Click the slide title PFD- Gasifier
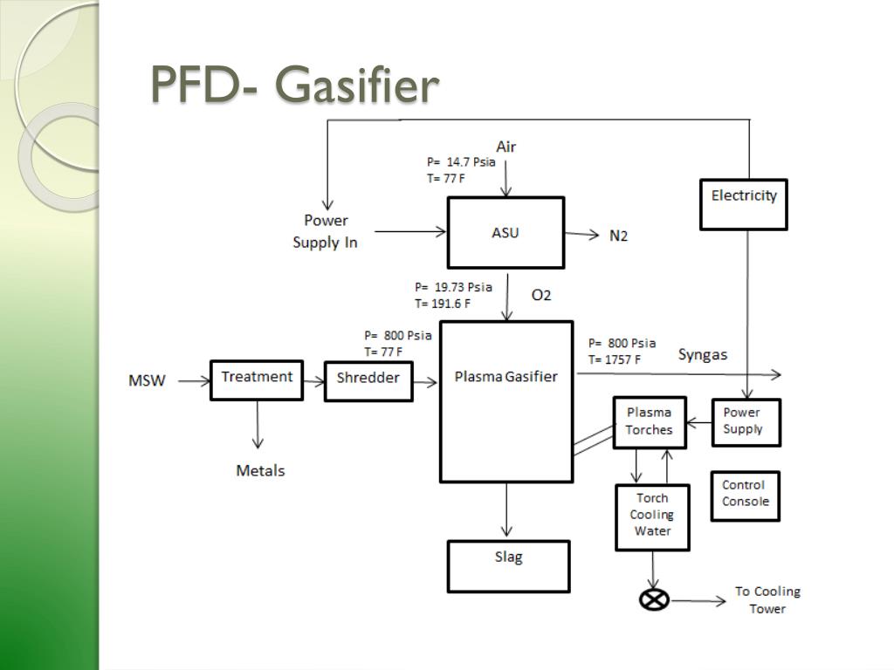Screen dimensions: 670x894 click(x=294, y=86)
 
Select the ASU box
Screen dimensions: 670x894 click(x=505, y=232)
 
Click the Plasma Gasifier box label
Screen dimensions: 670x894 click(x=505, y=377)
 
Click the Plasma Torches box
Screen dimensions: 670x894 click(x=649, y=422)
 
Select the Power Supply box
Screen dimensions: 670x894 click(x=745, y=421)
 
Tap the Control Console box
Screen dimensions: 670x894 click(x=745, y=495)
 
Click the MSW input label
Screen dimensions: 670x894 click(x=147, y=380)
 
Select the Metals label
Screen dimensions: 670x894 click(x=260, y=471)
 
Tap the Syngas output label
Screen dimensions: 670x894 click(x=702, y=355)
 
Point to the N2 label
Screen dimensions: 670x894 click(x=618, y=236)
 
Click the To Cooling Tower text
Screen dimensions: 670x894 click(x=767, y=600)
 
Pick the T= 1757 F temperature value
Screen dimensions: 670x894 click(x=614, y=359)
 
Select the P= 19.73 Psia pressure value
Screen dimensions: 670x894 click(x=453, y=287)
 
